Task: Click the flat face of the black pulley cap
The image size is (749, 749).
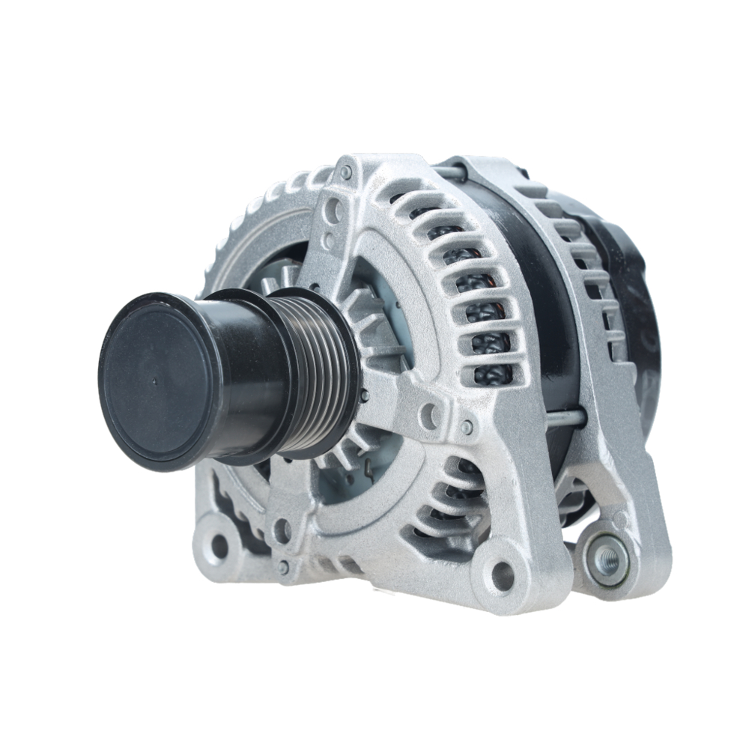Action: click(161, 382)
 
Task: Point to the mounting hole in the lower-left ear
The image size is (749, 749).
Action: click(219, 546)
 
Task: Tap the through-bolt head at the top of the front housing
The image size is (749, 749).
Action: click(345, 173)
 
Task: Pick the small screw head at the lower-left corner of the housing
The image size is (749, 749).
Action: click(283, 568)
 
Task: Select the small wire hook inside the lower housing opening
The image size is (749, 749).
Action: click(372, 470)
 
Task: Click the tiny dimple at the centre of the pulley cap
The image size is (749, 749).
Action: click(154, 381)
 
